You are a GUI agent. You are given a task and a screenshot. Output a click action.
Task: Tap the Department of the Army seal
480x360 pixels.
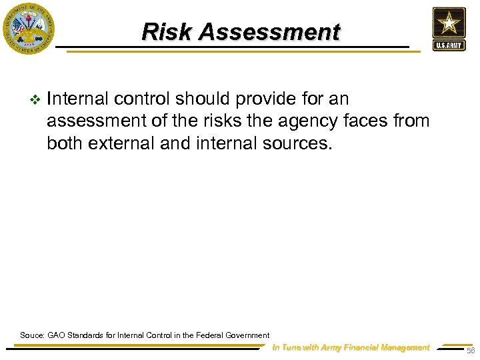[x=27, y=28]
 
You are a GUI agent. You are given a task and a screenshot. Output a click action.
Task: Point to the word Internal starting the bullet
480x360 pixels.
[x=78, y=99]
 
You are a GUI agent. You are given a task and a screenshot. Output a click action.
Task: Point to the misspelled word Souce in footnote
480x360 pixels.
[x=31, y=335]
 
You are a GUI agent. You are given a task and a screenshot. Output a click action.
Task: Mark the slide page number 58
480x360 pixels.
[x=471, y=351]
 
